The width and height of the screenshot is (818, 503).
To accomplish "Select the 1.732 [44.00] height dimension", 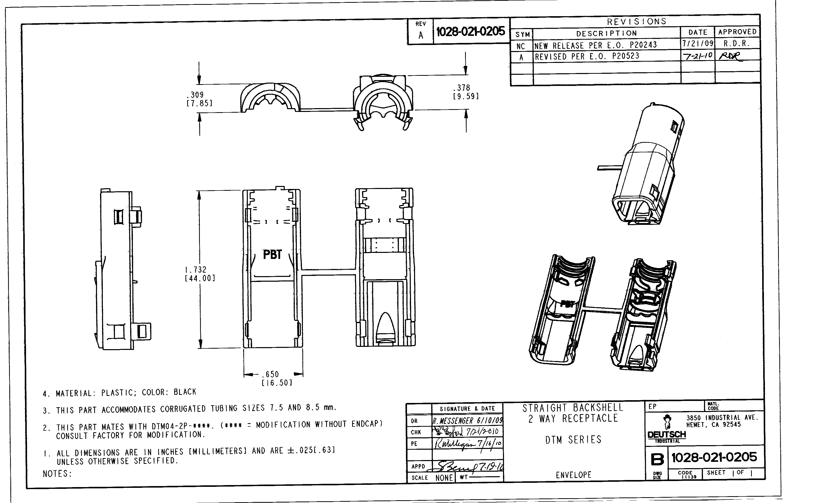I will tap(200, 274).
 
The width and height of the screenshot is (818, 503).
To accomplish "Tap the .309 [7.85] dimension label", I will tap(199, 99).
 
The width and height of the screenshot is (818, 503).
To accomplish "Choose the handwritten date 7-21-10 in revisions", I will tap(697, 56).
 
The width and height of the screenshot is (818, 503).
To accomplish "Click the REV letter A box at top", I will tap(421, 35).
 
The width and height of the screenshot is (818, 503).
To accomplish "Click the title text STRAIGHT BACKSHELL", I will tap(572, 408).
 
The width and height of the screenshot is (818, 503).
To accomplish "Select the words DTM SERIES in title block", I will tap(573, 440).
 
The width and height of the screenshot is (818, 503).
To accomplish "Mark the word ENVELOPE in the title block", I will tap(573, 475).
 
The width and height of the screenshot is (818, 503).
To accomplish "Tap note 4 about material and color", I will tap(120, 393).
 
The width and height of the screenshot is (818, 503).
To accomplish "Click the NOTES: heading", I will tap(57, 474).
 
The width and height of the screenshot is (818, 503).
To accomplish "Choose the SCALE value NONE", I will tap(444, 478).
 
